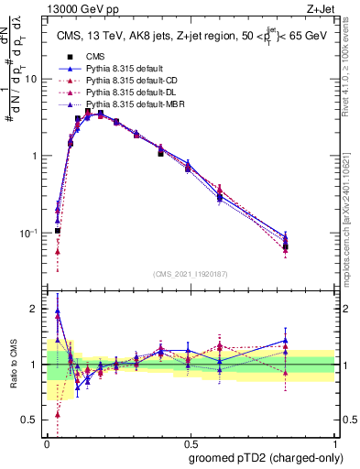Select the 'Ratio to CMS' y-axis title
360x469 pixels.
(13, 365)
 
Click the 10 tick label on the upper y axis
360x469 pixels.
(30, 79)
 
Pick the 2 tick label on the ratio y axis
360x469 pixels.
(35, 309)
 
